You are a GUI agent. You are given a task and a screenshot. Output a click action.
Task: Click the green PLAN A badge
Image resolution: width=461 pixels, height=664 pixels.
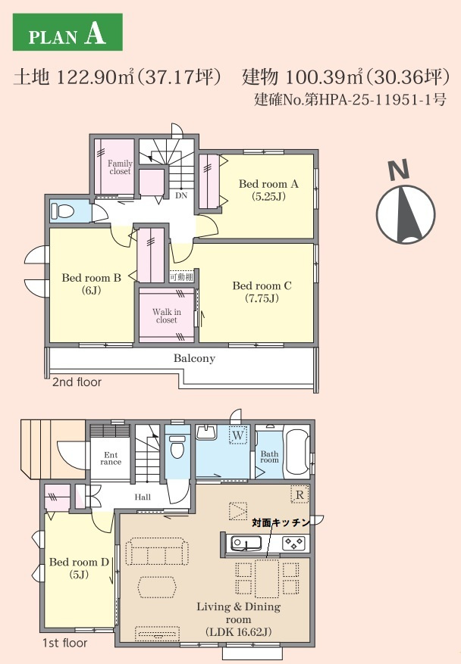[x=67, y=33]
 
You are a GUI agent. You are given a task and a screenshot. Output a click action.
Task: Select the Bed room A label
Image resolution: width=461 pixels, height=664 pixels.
[x=268, y=190]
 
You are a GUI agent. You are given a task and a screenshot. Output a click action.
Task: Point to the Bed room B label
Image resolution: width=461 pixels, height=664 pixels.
[x=92, y=284]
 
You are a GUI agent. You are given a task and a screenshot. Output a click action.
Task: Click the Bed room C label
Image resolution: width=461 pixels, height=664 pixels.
[x=262, y=291]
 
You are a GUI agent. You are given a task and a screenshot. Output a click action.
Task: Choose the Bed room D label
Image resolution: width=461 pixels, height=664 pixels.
[x=80, y=569]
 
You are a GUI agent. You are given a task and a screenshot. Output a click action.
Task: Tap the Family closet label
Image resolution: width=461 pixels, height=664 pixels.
[x=120, y=167]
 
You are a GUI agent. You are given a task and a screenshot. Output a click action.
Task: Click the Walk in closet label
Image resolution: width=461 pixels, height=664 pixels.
[x=167, y=316]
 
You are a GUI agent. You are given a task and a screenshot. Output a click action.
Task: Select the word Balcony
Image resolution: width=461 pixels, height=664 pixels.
[x=194, y=359]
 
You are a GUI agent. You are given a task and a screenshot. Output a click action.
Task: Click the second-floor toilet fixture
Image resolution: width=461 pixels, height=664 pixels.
[x=62, y=211]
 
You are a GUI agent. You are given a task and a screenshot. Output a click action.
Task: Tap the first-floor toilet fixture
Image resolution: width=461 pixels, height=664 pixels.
[x=177, y=446]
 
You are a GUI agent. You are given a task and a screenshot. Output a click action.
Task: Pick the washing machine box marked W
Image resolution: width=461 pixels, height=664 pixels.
[x=238, y=435]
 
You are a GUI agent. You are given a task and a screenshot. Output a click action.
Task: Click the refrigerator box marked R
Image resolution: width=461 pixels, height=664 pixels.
[x=299, y=494]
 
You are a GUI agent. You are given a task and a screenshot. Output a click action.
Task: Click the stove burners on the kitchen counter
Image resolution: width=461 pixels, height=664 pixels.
[x=293, y=542]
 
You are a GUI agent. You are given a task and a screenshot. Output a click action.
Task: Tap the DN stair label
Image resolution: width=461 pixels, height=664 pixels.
[x=181, y=195]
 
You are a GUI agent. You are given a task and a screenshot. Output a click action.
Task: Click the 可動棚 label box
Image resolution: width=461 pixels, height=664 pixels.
[x=181, y=277]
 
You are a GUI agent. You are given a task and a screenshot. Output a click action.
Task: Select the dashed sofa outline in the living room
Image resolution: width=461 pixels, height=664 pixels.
[x=157, y=551]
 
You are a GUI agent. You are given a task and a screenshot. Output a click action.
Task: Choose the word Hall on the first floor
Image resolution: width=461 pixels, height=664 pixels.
[x=143, y=497]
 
